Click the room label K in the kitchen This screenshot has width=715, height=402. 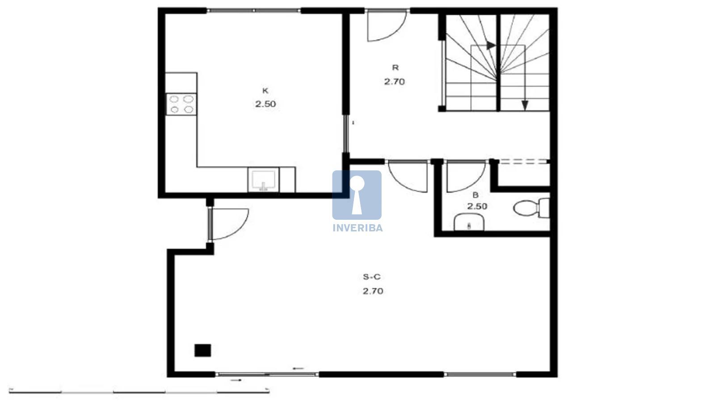[x=265, y=91]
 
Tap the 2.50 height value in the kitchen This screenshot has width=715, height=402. [x=265, y=104]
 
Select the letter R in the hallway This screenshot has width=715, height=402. [x=395, y=67]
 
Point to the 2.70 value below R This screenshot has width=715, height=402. [x=395, y=82]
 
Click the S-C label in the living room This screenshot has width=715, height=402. [x=372, y=277]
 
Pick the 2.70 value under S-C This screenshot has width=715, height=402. [x=373, y=291]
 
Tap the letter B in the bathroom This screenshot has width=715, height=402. [x=475, y=195]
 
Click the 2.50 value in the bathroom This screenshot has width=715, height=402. [x=477, y=206]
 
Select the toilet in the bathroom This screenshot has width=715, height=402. [x=531, y=208]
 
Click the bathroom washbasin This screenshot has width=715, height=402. [x=469, y=222]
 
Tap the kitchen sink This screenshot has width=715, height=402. [x=263, y=180]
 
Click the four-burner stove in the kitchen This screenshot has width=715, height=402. [x=181, y=105]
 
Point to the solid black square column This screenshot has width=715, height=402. [x=203, y=350]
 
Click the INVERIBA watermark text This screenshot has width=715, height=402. [x=357, y=228]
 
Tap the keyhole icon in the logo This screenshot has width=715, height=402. [x=357, y=195]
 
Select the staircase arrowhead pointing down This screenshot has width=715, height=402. [x=525, y=105]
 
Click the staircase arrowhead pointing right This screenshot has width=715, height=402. [x=491, y=46]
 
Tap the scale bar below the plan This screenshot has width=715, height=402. [x=139, y=391]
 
